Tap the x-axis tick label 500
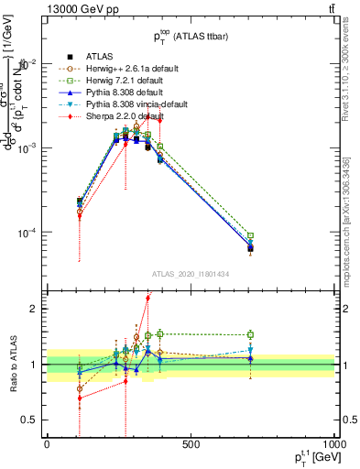tap(191, 444)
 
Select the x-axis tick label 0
tap(47, 444)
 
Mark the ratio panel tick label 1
tap(33, 365)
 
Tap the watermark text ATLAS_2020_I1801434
tap(190, 275)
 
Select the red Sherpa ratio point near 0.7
tap(80, 398)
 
